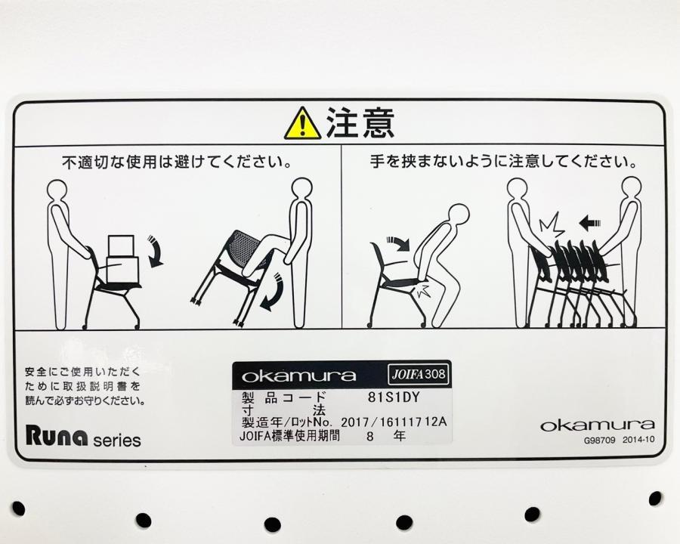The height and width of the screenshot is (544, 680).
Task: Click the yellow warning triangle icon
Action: (303, 124)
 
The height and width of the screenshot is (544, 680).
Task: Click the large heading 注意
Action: (360, 122)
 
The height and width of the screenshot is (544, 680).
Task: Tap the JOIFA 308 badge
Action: (419, 374)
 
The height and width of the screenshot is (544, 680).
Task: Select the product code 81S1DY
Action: (394, 397)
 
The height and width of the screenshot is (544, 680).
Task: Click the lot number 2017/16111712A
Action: (394, 422)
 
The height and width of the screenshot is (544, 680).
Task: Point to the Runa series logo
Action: (83, 436)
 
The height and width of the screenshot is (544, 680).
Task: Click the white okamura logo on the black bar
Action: (298, 376)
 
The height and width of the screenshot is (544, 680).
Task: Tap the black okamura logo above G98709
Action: (598, 425)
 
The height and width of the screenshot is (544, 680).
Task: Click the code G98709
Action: (599, 440)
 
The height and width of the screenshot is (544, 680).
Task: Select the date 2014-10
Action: (638, 440)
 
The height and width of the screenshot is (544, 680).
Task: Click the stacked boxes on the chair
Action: (122, 259)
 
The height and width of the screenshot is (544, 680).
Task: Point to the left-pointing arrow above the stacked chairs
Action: (590, 224)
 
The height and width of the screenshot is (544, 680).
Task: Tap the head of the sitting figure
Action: (458, 215)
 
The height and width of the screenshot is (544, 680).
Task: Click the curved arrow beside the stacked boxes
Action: (156, 251)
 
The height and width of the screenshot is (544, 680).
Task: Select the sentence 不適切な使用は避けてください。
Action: (176, 162)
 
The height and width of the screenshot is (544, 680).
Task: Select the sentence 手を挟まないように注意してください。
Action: (503, 162)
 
